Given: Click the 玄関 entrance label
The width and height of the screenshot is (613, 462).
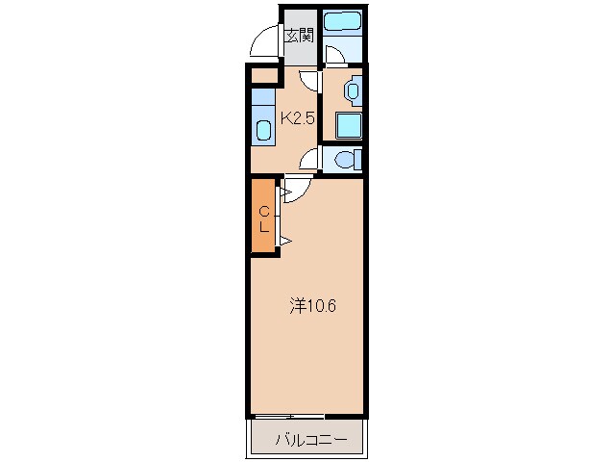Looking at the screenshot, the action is pyautogui.click(x=300, y=36).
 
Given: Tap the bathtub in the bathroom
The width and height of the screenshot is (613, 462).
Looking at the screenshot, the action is pyautogui.click(x=342, y=22).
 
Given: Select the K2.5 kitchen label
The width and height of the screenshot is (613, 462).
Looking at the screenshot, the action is pyautogui.click(x=298, y=117).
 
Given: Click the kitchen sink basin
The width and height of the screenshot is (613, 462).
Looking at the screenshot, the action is pyautogui.click(x=263, y=130).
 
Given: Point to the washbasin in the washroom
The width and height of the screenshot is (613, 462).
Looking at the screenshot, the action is pyautogui.click(x=353, y=90).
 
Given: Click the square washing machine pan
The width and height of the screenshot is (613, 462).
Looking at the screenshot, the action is pyautogui.click(x=349, y=125).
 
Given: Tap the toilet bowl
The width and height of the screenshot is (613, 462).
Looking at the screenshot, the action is pyautogui.click(x=344, y=160).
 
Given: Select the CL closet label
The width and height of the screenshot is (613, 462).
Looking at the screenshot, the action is pyautogui.click(x=264, y=219).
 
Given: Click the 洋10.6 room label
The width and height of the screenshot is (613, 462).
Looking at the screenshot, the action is pyautogui.click(x=312, y=306).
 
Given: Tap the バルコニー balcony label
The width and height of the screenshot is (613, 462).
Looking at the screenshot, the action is pyautogui.click(x=311, y=440).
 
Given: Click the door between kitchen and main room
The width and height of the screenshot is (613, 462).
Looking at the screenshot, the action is pyautogui.click(x=297, y=191).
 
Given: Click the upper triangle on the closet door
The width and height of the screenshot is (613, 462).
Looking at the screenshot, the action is pyautogui.click(x=285, y=192).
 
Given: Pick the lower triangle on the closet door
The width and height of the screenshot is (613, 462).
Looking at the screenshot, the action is pyautogui.click(x=285, y=241).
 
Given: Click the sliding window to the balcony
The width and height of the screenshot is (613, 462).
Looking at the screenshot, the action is pyautogui.click(x=287, y=416).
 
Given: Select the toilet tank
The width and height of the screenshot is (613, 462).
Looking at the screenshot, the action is pyautogui.click(x=357, y=160).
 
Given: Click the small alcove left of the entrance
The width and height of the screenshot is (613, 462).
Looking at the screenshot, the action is pyautogui.click(x=264, y=76).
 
